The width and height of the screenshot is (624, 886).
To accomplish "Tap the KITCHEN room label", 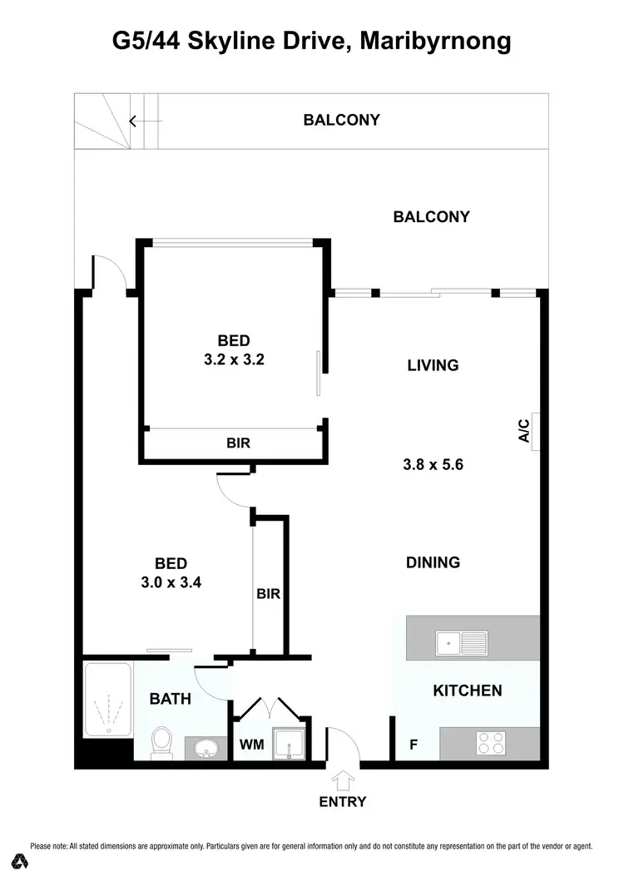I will (x=467, y=690).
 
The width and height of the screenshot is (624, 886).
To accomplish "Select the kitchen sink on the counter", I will (x=462, y=642).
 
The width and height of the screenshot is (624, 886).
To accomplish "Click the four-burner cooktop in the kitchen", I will (x=489, y=742).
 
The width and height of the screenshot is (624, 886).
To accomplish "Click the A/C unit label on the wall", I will (x=524, y=431).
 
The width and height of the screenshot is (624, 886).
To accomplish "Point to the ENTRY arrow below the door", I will (x=342, y=780).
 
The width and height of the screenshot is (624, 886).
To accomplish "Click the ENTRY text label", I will (x=342, y=802).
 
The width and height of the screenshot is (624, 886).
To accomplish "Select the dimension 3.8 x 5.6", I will (x=433, y=465).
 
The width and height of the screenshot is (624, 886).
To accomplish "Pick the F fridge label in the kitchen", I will (x=414, y=745).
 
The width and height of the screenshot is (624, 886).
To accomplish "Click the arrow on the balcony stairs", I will (x=133, y=121).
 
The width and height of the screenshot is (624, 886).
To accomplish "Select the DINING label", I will (x=433, y=562).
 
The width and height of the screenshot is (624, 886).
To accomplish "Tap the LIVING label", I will (x=433, y=365).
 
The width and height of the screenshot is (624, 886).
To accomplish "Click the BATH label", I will (x=170, y=699).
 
